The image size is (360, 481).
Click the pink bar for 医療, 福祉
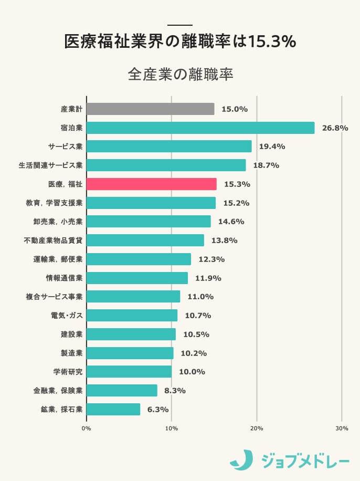(151, 184)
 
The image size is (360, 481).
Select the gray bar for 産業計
(150, 109)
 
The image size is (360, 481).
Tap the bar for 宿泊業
(200, 128)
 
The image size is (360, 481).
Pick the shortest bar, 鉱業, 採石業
(113, 409)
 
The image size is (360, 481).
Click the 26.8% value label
(335, 128)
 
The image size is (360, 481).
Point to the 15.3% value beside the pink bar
(237, 184)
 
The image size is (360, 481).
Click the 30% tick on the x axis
(342, 428)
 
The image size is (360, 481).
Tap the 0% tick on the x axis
(87, 428)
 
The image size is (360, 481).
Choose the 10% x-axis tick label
(172, 428)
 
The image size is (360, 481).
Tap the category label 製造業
(71, 353)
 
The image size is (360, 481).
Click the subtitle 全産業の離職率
(180, 74)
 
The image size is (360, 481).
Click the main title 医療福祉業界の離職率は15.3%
(180, 42)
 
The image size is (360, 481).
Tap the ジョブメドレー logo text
(305, 461)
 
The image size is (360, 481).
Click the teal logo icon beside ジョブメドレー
(241, 459)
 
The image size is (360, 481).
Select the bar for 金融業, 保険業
(122, 390)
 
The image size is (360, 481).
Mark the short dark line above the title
(180, 25)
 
